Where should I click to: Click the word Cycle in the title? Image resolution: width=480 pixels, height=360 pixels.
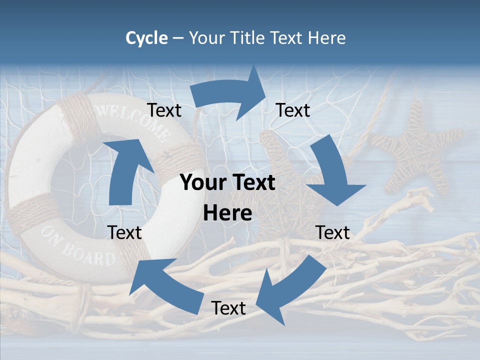coord(146,38)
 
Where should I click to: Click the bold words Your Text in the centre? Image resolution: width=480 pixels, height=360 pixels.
coord(227,183)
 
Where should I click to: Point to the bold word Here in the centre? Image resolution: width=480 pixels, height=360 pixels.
coord(227,213)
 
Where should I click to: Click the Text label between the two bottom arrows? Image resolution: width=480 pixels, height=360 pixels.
coord(228,308)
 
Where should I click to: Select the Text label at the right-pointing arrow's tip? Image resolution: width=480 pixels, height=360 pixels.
coord(293,110)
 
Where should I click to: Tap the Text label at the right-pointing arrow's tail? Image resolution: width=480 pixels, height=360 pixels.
coord(164,110)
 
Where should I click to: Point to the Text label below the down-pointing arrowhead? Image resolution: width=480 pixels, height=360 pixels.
coord(332,232)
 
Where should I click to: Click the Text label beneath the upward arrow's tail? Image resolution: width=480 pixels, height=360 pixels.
coord(125,232)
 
